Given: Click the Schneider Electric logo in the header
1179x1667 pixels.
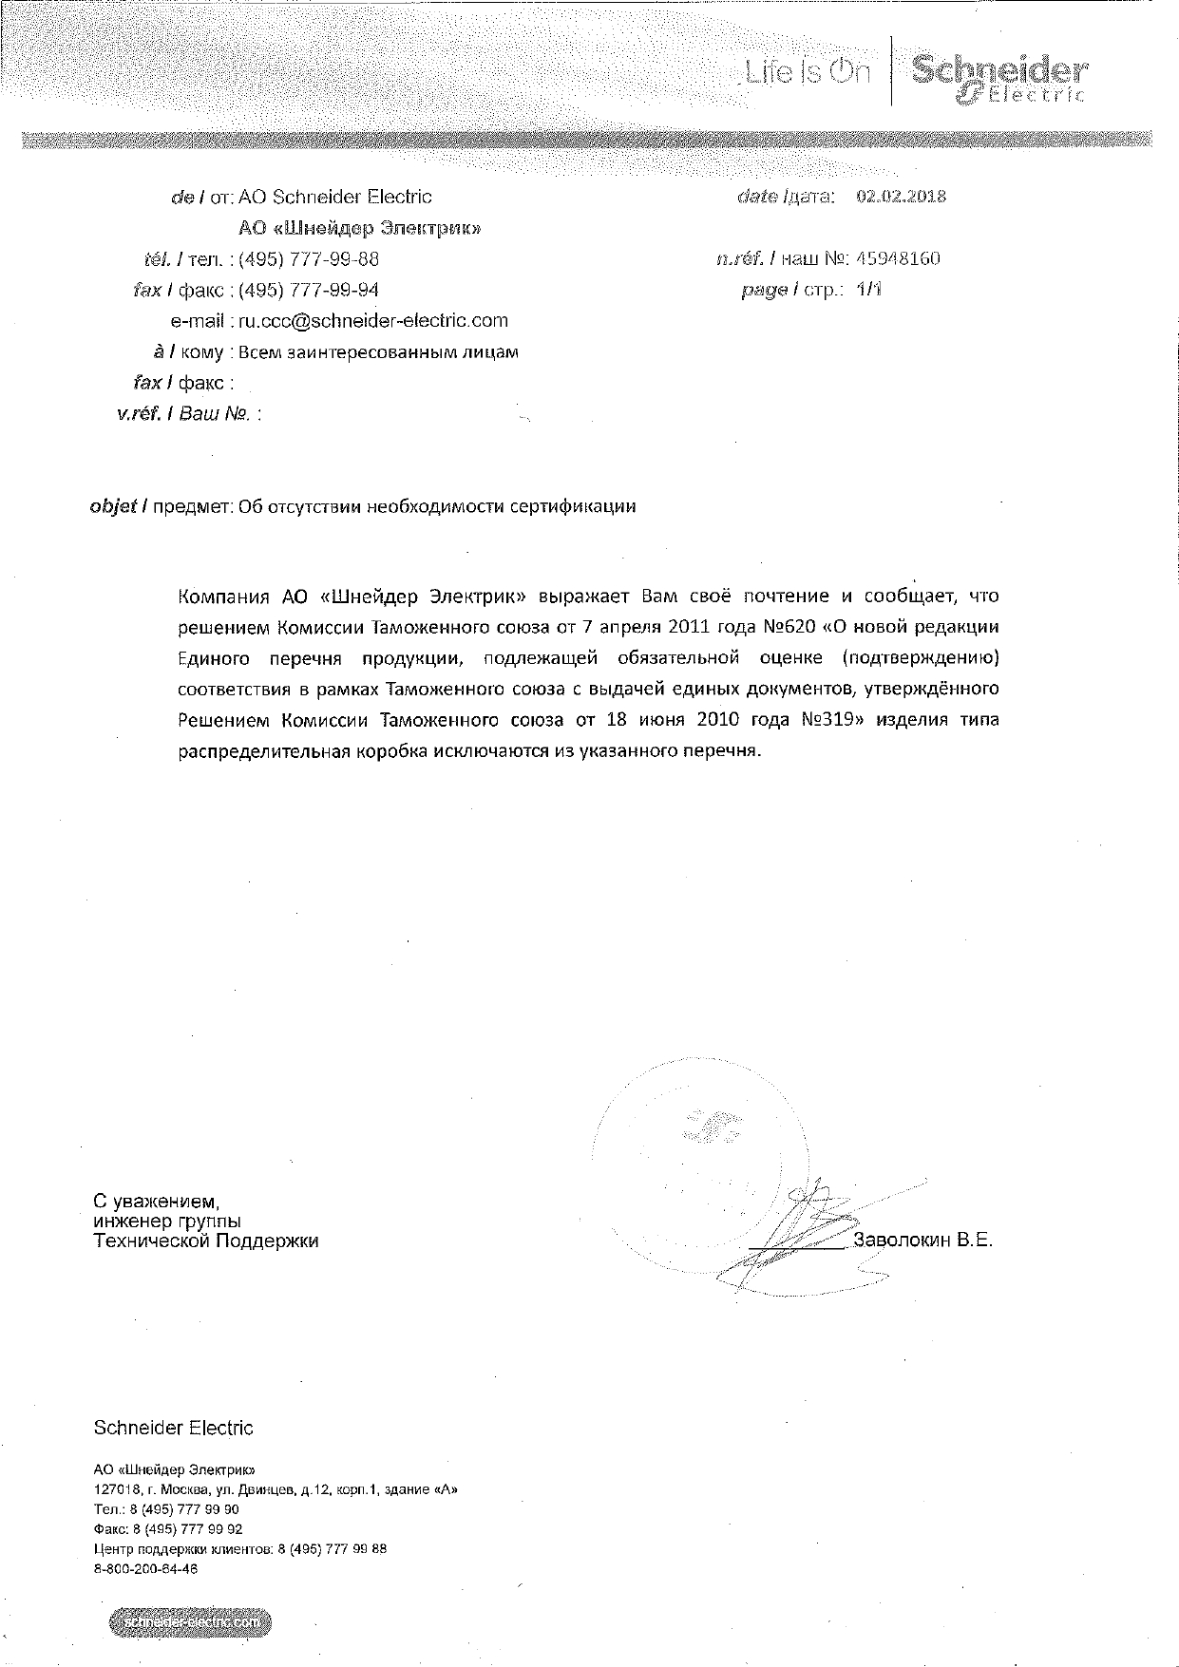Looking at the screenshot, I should click(x=998, y=78).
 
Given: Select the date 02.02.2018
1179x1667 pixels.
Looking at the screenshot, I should click(x=901, y=197).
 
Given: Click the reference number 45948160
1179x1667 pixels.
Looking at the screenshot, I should click(x=897, y=258).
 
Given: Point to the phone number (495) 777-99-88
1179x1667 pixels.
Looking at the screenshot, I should click(x=309, y=258).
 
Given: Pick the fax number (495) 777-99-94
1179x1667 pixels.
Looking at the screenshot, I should click(x=309, y=290).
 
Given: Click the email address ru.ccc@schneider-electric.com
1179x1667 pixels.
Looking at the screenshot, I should click(x=372, y=321).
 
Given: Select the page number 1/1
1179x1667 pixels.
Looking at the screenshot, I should click(x=867, y=290).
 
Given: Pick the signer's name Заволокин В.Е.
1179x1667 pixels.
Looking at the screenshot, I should click(x=922, y=1240).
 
